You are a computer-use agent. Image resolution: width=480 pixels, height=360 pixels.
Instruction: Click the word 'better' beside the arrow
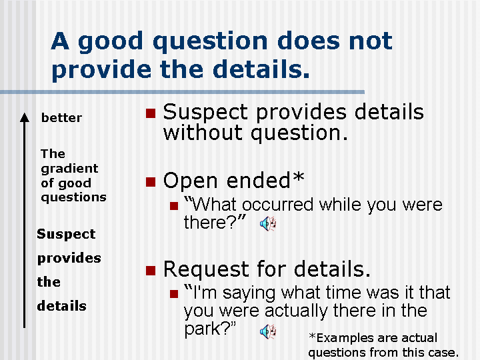pyautogui.click(x=61, y=118)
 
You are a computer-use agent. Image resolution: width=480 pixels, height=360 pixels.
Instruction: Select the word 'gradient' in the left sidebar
pyautogui.click(x=69, y=168)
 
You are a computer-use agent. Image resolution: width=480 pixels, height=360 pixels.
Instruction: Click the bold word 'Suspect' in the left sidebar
pyautogui.click(x=66, y=234)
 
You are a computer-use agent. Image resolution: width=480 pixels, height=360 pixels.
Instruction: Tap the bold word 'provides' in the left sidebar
pyautogui.click(x=69, y=258)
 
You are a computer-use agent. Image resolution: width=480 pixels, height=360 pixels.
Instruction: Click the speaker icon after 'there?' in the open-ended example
pyautogui.click(x=268, y=224)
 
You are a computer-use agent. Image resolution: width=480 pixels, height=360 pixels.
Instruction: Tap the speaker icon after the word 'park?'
pyautogui.click(x=268, y=331)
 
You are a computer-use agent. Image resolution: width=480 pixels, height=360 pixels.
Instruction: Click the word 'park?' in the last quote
pyautogui.click(x=207, y=330)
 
